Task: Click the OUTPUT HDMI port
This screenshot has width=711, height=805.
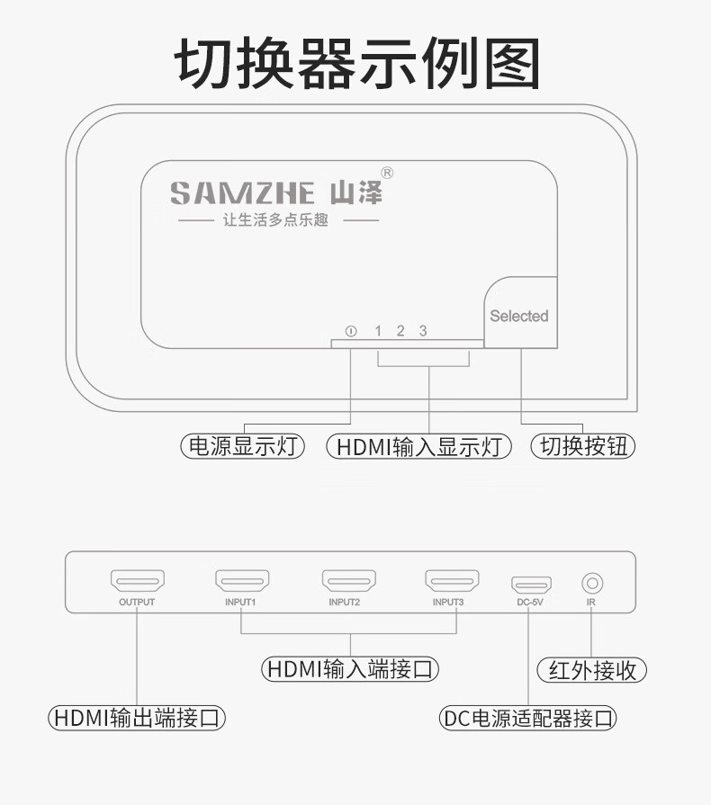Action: (x=138, y=581)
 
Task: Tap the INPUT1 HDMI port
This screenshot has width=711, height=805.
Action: (x=242, y=581)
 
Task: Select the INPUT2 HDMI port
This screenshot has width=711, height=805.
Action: (x=349, y=581)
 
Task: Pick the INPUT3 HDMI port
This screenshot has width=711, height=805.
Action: (x=452, y=581)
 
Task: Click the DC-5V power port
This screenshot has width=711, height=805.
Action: (x=531, y=585)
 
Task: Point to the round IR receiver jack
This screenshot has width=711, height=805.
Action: (x=592, y=583)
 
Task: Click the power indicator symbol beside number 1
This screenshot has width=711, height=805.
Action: (x=351, y=331)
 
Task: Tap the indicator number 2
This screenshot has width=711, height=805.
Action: (x=400, y=331)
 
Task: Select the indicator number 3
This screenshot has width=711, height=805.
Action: (x=423, y=331)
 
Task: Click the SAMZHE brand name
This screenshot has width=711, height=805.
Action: (x=242, y=193)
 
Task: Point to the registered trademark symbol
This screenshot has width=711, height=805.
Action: (x=387, y=173)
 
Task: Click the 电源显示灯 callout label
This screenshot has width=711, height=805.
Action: (x=242, y=445)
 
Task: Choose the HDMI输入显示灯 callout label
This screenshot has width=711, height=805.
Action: (x=419, y=445)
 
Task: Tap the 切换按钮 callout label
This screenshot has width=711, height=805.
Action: (x=583, y=445)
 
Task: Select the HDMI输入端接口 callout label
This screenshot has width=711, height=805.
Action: (x=350, y=669)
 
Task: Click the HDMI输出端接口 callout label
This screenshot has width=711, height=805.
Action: (x=137, y=717)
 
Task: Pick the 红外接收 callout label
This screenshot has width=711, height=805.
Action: (x=592, y=670)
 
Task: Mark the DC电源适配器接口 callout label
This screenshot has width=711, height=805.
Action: (x=527, y=718)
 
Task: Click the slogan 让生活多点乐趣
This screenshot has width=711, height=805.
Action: (x=276, y=220)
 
